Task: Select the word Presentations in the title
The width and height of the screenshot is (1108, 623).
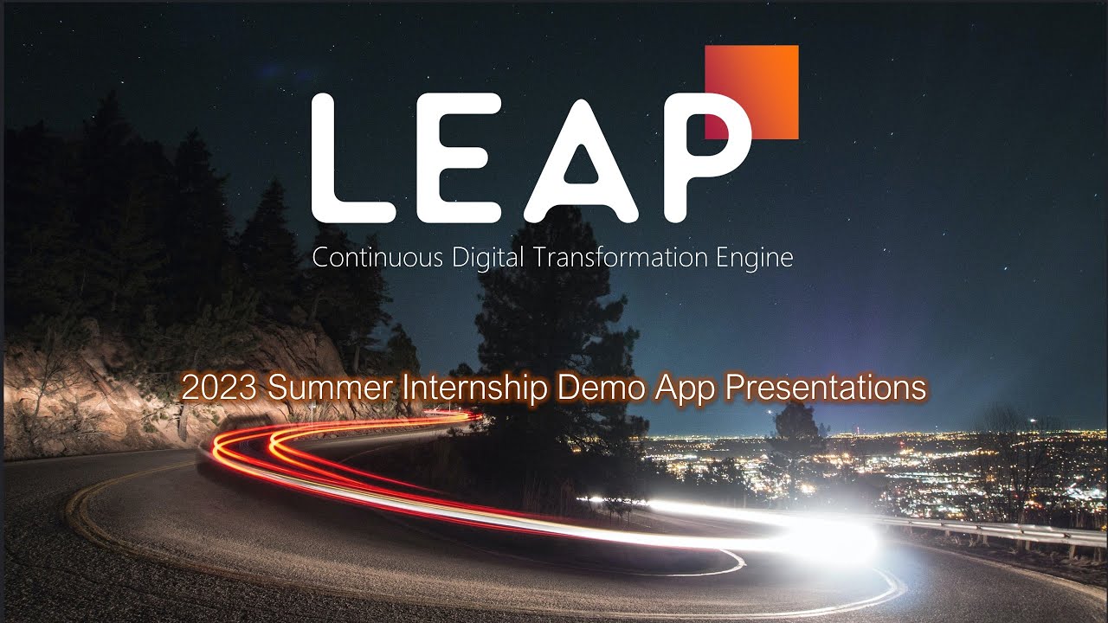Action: tap(824, 389)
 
